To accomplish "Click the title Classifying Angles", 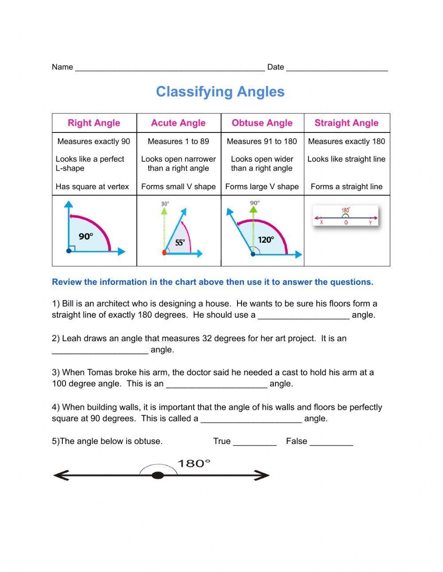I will click(220, 92).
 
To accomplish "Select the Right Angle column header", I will click(94, 123).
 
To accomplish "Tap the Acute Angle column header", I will click(178, 123).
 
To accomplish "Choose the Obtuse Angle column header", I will click(262, 123).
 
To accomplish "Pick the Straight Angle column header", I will click(346, 123).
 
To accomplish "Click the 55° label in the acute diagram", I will click(180, 242).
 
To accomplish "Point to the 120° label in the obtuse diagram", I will click(266, 240).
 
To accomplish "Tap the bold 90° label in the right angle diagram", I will click(86, 237).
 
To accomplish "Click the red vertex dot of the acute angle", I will click(164, 253).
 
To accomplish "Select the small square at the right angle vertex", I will click(72, 248).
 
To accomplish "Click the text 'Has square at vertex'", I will click(92, 187).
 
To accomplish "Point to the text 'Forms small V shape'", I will click(178, 187).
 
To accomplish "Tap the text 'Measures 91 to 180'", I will click(262, 141).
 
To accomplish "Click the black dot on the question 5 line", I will click(158, 475).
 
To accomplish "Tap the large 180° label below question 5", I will click(194, 463).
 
